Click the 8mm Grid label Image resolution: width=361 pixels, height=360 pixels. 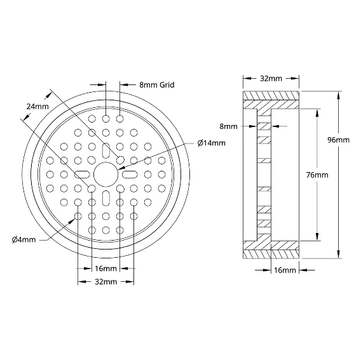pyautogui.click(x=157, y=85)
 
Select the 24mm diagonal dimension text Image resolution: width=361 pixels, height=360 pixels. pyautogui.click(x=37, y=107)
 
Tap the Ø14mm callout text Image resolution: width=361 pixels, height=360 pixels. pyautogui.click(x=212, y=143)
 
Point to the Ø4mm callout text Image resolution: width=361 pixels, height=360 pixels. pyautogui.click(x=24, y=240)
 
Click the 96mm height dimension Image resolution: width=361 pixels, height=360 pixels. pyautogui.click(x=338, y=140)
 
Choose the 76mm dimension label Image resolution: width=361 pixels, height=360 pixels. pyautogui.click(x=317, y=175)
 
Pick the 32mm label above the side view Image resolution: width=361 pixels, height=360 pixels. pyautogui.click(x=271, y=79)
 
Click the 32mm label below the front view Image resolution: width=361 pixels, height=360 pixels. pyautogui.click(x=106, y=281)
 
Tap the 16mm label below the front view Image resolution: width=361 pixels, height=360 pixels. pyautogui.click(x=106, y=269)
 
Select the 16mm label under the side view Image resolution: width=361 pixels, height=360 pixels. pyautogui.click(x=285, y=270)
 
